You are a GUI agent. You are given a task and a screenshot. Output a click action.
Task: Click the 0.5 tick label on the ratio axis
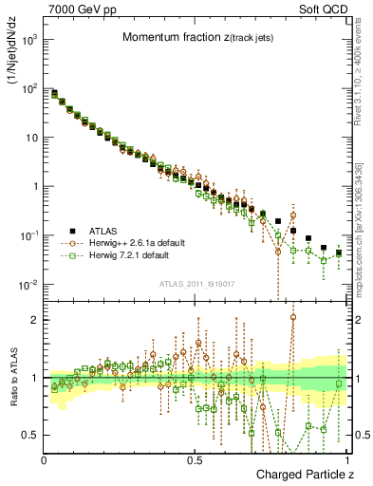(31, 435)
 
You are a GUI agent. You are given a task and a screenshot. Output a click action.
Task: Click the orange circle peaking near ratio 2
(293, 319)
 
